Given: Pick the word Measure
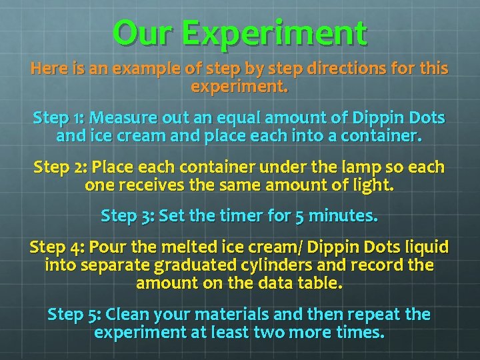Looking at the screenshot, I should click(x=121, y=119).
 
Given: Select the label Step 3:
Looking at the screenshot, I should click(x=126, y=217).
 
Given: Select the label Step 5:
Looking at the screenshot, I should click(x=74, y=314).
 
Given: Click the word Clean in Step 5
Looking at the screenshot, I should click(x=127, y=314).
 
